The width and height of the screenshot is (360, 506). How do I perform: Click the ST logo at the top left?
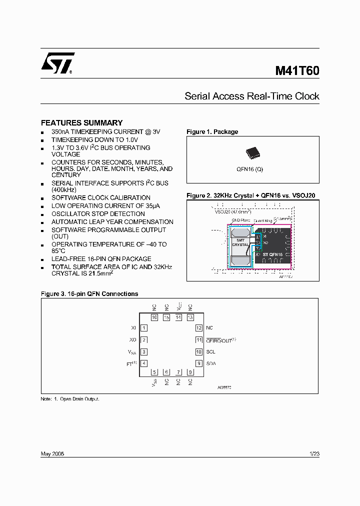pyautogui.click(x=57, y=63)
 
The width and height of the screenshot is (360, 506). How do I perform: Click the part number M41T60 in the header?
pyautogui.click(x=297, y=71)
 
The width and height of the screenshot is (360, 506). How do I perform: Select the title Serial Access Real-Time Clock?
pyautogui.click(x=251, y=96)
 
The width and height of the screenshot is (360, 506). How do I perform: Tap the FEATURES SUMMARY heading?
pyautogui.click(x=81, y=122)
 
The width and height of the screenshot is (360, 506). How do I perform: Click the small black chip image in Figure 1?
pyautogui.click(x=252, y=153)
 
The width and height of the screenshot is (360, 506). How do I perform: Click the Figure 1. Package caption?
pyautogui.click(x=212, y=132)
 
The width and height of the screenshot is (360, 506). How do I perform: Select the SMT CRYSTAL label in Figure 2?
pyautogui.click(x=240, y=242)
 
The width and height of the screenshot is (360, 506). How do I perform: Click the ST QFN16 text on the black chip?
pyautogui.click(x=272, y=254)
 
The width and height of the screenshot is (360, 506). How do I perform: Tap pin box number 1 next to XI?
pyautogui.click(x=144, y=328)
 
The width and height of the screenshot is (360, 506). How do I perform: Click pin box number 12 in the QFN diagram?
pyautogui.click(x=198, y=328)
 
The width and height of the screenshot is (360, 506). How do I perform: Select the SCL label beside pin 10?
pyautogui.click(x=210, y=352)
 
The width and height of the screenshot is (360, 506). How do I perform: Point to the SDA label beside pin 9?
pyautogui.click(x=211, y=364)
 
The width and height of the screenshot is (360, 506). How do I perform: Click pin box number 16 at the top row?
pyautogui.click(x=154, y=317)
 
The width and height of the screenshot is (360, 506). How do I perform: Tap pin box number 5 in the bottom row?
pyautogui.click(x=154, y=372)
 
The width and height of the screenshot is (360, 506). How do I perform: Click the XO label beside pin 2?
pyautogui.click(x=132, y=340)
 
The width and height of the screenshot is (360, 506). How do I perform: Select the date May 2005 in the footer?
pyautogui.click(x=52, y=454)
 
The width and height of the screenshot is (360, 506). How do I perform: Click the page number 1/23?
pyautogui.click(x=314, y=454)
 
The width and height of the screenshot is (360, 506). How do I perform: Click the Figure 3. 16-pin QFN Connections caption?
pyautogui.click(x=89, y=294)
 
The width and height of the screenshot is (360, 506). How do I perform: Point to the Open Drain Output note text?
pyautogui.click(x=78, y=399)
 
